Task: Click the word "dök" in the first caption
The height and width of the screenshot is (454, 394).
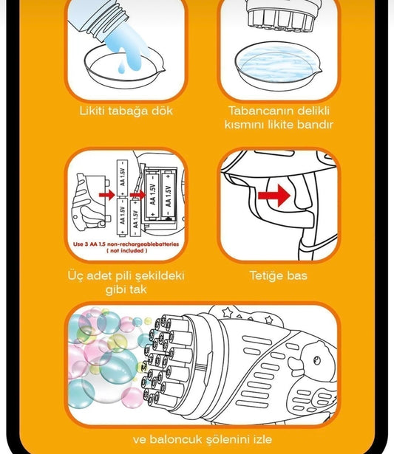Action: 162,111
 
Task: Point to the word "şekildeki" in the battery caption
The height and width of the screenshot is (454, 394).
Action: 160,276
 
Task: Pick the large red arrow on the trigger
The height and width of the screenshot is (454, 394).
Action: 274,196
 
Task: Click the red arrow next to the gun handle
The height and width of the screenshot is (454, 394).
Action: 107,195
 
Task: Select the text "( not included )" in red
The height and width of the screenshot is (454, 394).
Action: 126,251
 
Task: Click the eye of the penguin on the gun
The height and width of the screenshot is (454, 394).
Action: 316,360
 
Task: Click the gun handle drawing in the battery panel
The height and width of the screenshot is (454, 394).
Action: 91,202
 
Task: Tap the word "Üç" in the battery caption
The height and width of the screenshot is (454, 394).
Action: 75,276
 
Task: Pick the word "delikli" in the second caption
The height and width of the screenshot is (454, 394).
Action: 313,111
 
